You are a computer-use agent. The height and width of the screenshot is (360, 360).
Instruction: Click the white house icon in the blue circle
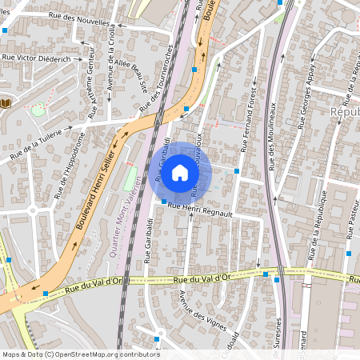[x=180, y=172]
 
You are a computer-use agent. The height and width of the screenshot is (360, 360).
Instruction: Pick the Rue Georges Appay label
[x=307, y=106]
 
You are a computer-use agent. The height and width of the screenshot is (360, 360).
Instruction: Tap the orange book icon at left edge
[x=6, y=103]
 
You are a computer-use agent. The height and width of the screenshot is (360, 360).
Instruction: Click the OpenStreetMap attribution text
[x=81, y=354]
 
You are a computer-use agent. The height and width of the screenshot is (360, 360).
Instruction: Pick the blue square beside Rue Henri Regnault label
[x=164, y=202]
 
